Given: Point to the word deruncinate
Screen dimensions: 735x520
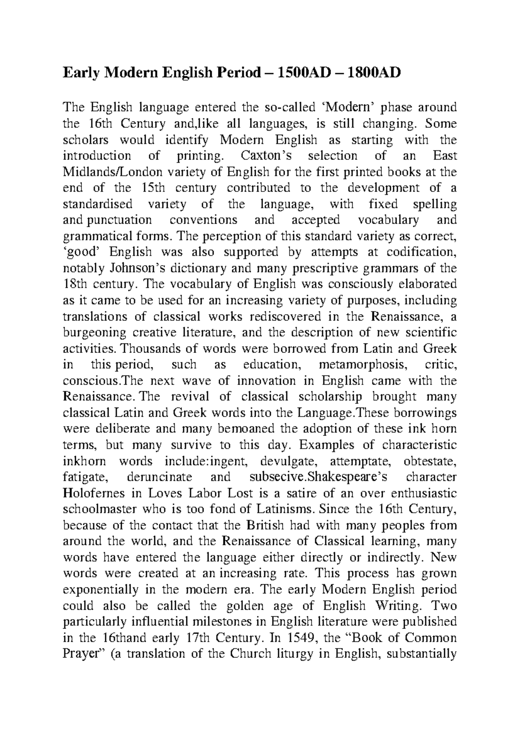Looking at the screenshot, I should [x=159, y=477].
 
